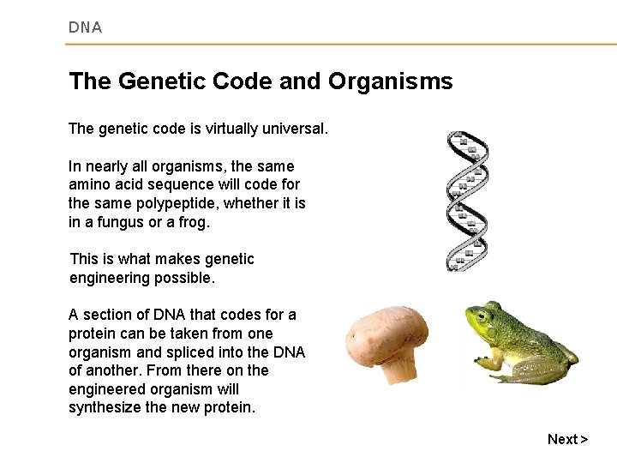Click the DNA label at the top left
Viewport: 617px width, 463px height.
coord(85,27)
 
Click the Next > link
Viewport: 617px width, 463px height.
coord(567,439)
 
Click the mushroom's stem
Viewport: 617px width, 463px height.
coord(399,366)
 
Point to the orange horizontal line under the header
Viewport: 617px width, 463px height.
coord(343,44)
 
